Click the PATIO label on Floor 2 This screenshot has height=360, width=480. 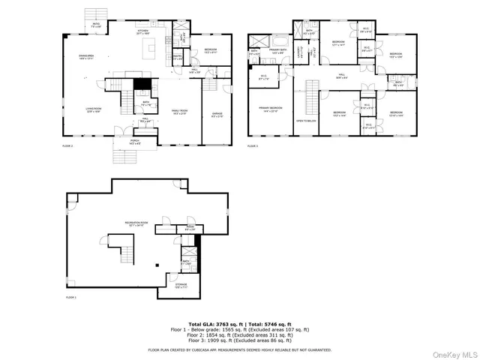tap(97, 24)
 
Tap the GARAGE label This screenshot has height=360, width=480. tap(217, 114)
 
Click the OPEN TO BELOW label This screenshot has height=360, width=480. tap(304, 120)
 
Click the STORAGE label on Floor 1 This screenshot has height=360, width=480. tap(181, 285)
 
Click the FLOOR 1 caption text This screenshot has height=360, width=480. tap(71, 298)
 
